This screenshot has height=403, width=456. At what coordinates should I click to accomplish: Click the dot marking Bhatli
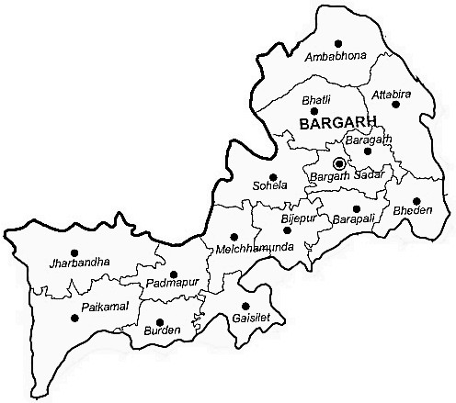point(314,111)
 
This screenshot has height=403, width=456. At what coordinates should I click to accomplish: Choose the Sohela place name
point(270,186)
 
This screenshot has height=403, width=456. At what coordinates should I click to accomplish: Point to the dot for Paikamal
point(74,319)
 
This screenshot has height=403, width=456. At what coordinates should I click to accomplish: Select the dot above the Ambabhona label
point(338,43)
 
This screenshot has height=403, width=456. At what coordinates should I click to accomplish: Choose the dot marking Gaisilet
point(245,306)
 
